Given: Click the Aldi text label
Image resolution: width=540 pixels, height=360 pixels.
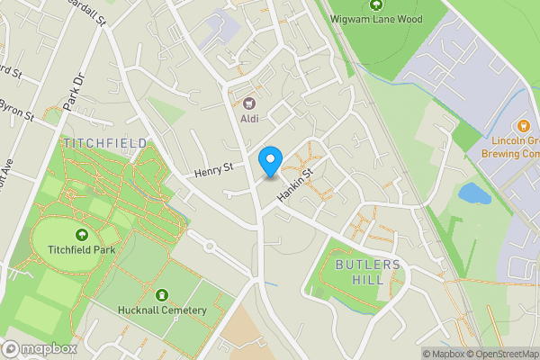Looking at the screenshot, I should (x=249, y=118).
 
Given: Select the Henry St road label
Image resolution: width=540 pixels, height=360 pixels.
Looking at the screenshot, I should (x=213, y=167).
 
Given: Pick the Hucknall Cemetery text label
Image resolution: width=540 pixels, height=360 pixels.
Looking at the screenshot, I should (x=163, y=310).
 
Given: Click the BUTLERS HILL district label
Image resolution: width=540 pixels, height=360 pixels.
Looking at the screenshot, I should (x=372, y=272).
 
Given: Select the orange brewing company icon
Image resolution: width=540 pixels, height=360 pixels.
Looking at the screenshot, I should (x=523, y=125).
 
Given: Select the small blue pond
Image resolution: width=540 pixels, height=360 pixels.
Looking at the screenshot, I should (x=474, y=192).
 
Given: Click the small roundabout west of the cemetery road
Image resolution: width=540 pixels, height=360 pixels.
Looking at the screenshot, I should (x=210, y=246).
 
